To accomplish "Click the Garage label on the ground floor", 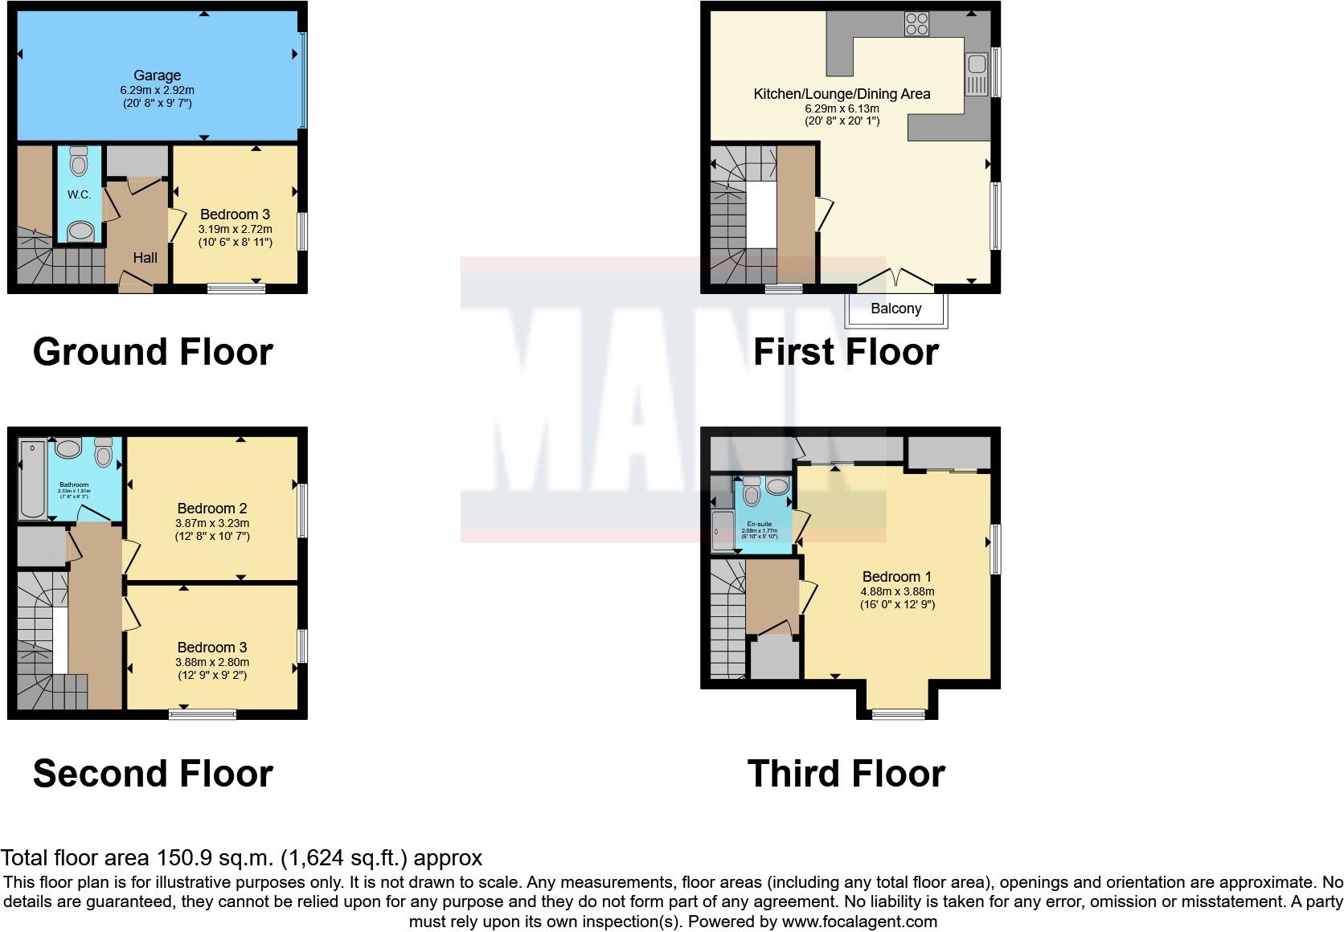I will pyautogui.click(x=157, y=76).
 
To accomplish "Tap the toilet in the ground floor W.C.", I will pyautogui.click(x=79, y=163).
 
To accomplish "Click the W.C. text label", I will pyautogui.click(x=79, y=194).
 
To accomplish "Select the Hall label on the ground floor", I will pyautogui.click(x=145, y=258).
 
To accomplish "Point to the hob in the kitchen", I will pyautogui.click(x=916, y=24).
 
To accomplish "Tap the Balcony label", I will pyautogui.click(x=895, y=309).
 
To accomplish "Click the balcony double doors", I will pyautogui.click(x=895, y=280).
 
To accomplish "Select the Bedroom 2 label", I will pyautogui.click(x=212, y=509).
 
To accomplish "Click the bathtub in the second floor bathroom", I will pyautogui.click(x=33, y=480).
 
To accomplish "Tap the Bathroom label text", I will pyautogui.click(x=74, y=485).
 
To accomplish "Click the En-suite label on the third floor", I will pyautogui.click(x=759, y=524).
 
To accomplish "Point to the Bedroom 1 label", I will pyautogui.click(x=896, y=577).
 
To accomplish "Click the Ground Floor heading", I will pyautogui.click(x=153, y=352).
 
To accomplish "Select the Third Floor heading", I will pyautogui.click(x=846, y=774).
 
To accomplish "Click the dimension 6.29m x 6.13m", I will pyautogui.click(x=842, y=108).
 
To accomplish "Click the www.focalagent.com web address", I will pyautogui.click(x=859, y=922).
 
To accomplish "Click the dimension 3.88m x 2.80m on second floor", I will pyautogui.click(x=212, y=662).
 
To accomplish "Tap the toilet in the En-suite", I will pyautogui.click(x=752, y=492).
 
